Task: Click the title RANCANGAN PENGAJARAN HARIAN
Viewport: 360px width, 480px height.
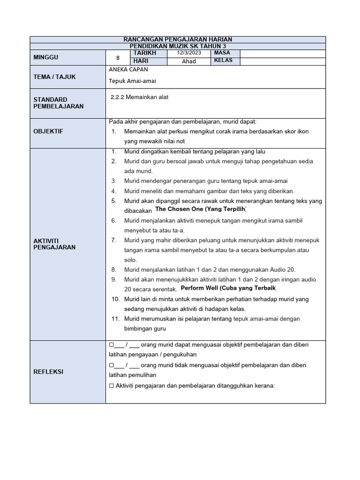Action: click(x=177, y=39)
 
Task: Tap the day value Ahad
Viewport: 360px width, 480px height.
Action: click(x=189, y=61)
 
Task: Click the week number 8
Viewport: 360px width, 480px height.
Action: click(x=118, y=57)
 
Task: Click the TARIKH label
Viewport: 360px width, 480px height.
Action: click(x=144, y=53)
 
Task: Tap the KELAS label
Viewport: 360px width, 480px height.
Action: click(x=223, y=61)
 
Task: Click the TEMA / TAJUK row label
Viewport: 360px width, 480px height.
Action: click(x=54, y=76)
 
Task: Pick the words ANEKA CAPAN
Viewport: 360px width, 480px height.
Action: click(x=128, y=69)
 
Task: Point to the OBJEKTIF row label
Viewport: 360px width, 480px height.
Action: click(x=48, y=131)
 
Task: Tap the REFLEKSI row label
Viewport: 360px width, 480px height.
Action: click(x=48, y=372)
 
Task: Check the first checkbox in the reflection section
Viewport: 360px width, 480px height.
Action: click(x=111, y=345)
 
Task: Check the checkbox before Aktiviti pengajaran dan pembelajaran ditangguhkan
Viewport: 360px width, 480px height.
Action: click(x=111, y=385)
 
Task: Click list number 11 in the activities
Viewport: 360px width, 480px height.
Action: click(x=114, y=319)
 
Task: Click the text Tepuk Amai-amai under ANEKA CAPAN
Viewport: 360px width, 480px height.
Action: click(x=132, y=81)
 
